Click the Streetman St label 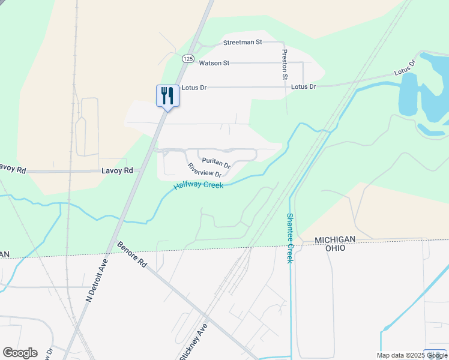[243, 43]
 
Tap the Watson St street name [214, 62]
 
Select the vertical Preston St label [285, 65]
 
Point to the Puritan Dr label [216, 162]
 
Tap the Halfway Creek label [199, 186]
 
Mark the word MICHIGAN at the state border [336, 239]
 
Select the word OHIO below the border [336, 248]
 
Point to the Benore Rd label [132, 255]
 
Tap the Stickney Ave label [194, 341]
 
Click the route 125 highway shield [188, 58]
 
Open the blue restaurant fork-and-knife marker [167, 96]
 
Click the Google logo [19, 353]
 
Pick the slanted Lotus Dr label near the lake [405, 67]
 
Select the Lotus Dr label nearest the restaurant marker [194, 88]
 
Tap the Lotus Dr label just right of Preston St [304, 87]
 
